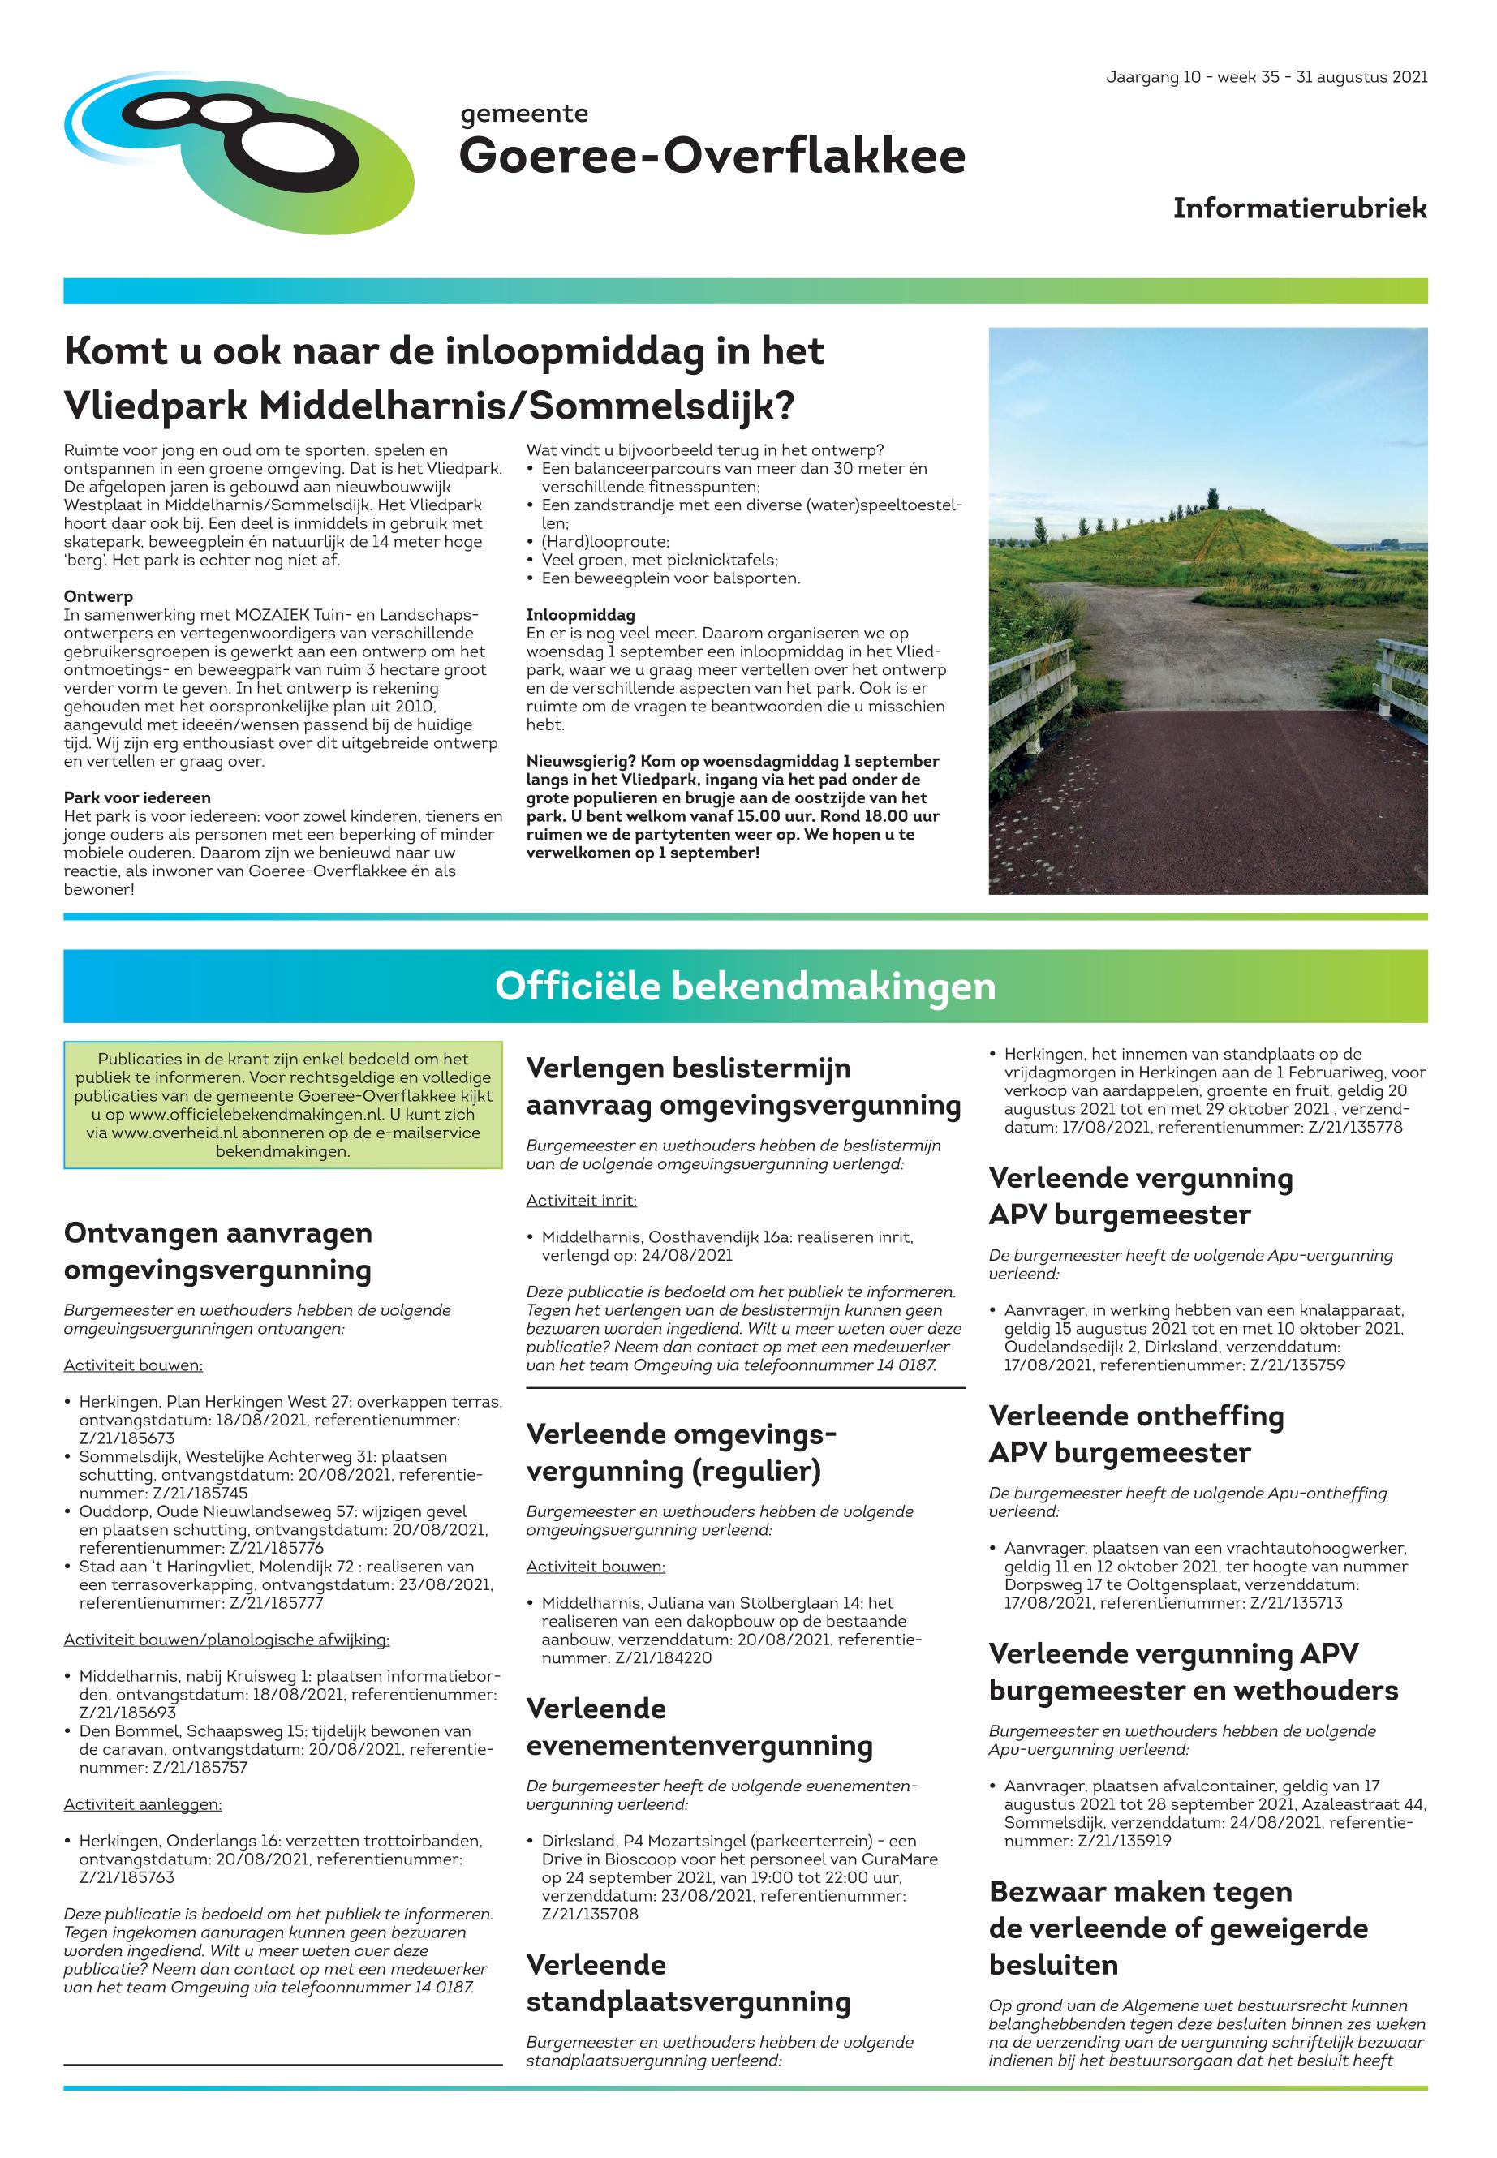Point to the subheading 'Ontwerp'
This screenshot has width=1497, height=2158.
click(x=98, y=596)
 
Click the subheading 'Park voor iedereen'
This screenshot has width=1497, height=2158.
click(x=137, y=798)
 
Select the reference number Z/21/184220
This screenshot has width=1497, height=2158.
click(x=663, y=1658)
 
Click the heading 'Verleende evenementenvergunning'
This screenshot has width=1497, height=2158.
click(x=699, y=1726)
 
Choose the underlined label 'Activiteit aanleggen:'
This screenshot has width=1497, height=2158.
click(x=143, y=1804)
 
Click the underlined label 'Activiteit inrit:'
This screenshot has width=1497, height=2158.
click(x=581, y=1201)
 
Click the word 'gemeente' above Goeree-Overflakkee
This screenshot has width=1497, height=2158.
click(x=524, y=114)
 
